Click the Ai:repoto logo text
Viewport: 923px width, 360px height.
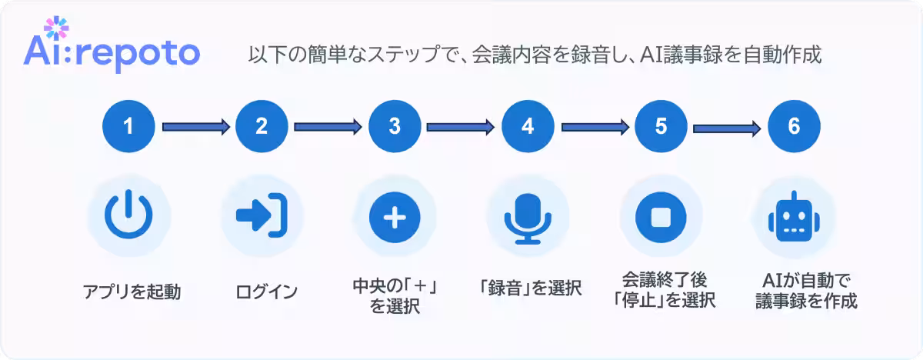point(112,55)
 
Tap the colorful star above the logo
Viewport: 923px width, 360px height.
point(52,28)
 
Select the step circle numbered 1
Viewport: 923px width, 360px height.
point(128,126)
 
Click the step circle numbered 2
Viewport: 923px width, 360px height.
point(262,126)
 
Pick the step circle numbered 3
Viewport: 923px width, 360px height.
point(395,126)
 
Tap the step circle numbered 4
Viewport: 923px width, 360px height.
point(528,126)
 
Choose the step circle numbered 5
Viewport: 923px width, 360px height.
point(661,126)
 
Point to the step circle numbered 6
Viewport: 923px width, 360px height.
point(794,126)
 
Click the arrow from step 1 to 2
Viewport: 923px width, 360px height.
point(195,126)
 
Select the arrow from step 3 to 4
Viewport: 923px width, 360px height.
point(461,126)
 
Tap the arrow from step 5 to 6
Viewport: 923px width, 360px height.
point(728,126)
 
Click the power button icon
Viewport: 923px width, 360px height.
point(128,216)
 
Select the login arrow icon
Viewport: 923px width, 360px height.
point(262,216)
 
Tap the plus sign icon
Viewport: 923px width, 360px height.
point(395,216)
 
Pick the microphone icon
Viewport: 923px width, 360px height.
point(528,216)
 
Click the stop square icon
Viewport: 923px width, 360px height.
point(661,216)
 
